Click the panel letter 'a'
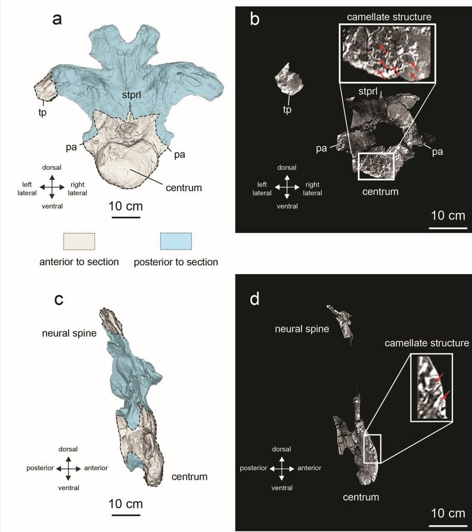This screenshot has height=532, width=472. coord(57,20)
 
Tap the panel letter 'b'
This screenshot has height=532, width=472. coord(254,18)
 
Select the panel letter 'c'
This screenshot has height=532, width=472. coord(59,300)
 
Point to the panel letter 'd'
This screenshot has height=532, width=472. coord(254,298)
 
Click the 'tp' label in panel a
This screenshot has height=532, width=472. coord(42,113)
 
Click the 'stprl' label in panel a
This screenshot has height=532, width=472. coord(131,95)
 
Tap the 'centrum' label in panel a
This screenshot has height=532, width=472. coord(184,188)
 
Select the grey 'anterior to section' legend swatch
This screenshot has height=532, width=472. coord(79,241)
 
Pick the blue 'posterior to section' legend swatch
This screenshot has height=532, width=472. coord(176,241)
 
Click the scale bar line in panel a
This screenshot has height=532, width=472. coord(126,217)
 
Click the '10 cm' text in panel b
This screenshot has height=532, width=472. coord(448,216)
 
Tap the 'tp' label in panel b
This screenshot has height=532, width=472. coord(287,110)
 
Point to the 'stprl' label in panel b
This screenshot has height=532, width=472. coord(368,91)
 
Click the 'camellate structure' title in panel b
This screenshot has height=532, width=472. coord(389,17)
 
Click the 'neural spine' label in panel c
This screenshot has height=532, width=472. coord(69,334)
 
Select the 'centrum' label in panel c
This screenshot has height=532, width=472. coord(190,477)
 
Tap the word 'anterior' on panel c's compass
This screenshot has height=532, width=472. coord(96,468)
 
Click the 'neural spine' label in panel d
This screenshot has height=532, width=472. coord(302,329)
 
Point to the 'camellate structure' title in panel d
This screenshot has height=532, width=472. coord(427,343)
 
